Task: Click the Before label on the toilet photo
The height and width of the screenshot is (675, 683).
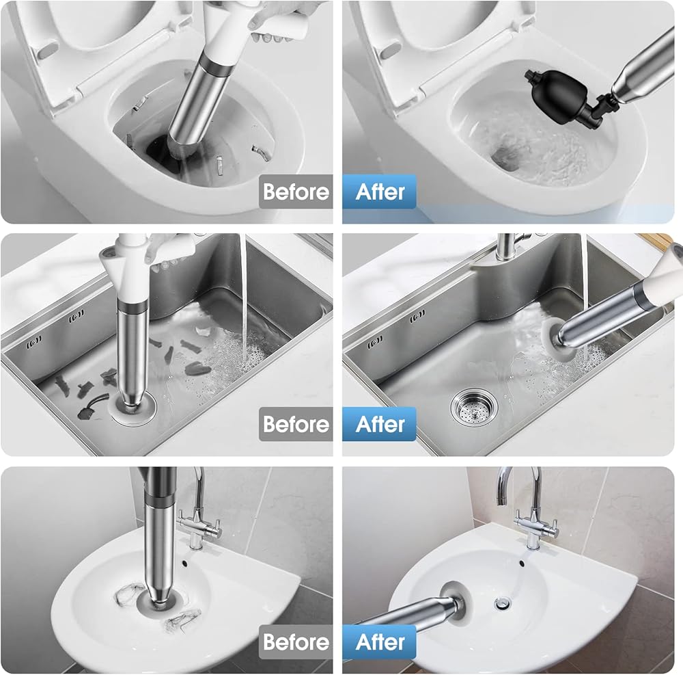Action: [296, 192]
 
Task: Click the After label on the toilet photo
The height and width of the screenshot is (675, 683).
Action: [380, 192]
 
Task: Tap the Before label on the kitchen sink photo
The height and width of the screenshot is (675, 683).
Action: [296, 424]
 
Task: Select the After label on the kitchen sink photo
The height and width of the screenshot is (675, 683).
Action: [380, 424]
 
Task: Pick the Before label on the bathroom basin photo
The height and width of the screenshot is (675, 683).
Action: [296, 642]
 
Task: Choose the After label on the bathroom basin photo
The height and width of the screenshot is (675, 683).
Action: [380, 642]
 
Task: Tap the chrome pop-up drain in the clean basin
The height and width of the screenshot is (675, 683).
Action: [503, 603]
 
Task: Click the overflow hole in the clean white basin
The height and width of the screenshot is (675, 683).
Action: [522, 564]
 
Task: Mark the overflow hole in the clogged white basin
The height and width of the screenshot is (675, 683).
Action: [184, 564]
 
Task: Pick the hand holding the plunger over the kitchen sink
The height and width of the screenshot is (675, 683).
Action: [172, 253]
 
